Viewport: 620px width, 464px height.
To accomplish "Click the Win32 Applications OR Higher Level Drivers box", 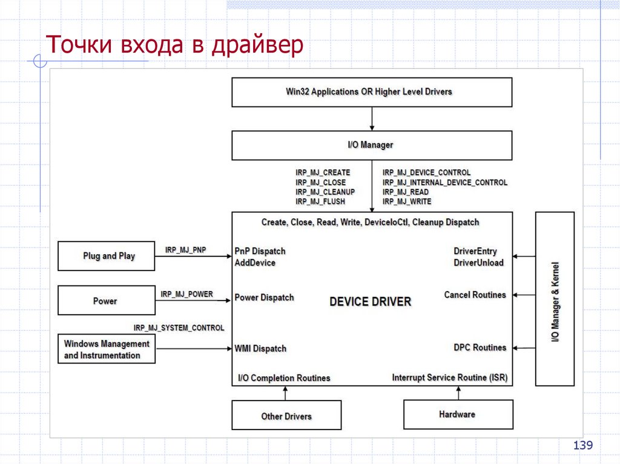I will [372, 92].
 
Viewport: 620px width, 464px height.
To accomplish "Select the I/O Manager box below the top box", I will [372, 145].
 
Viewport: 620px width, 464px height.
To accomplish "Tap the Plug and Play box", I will [107, 256].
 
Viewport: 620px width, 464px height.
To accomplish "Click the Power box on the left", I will [107, 301].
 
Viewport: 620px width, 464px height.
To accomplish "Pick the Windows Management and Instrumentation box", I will [107, 349].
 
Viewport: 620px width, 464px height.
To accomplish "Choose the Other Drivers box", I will [286, 416].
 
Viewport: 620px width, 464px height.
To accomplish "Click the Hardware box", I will [458, 414].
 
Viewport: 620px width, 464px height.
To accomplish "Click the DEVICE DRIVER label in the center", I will [370, 301].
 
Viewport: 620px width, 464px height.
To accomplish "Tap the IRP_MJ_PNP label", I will [186, 249].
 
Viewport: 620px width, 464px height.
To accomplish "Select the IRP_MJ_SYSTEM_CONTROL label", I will [179, 328].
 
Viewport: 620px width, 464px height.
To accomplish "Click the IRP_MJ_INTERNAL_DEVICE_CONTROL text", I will [445, 182].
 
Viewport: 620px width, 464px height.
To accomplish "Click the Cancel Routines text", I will [475, 295].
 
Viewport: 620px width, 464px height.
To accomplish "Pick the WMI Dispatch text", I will [260, 348].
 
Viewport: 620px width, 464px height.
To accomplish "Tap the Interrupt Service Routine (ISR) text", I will [449, 377].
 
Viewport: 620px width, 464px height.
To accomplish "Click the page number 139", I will [583, 446].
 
